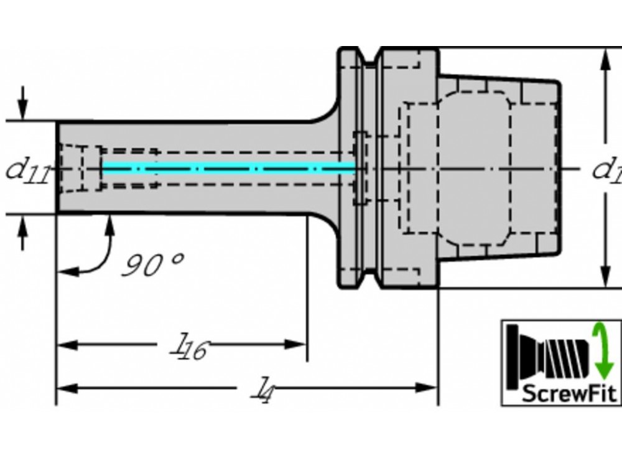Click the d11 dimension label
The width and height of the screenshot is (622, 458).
pos(27,169)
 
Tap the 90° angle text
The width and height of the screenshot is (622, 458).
pos(151,264)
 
